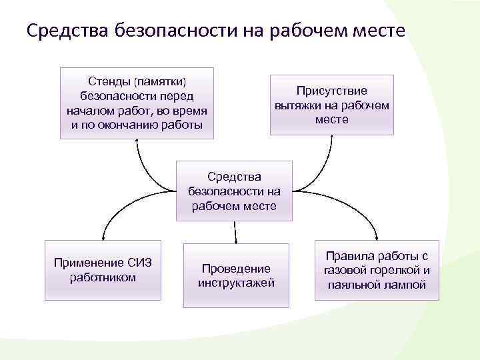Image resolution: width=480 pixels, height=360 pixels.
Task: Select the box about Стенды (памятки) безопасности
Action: pyautogui.click(x=137, y=103)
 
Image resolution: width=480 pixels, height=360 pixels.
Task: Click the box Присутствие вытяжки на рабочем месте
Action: pyautogui.click(x=332, y=105)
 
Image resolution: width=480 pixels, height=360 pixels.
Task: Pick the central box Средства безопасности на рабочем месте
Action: pyautogui.click(x=235, y=191)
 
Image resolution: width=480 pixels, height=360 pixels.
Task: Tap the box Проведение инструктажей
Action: pyautogui.click(x=236, y=275)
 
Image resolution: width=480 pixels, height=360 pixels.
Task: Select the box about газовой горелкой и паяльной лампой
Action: pyautogui.click(x=377, y=270)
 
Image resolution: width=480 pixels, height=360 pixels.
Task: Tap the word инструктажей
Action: pyautogui.click(x=236, y=283)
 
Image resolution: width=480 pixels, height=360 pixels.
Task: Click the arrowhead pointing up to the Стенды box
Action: pyautogui.click(x=137, y=141)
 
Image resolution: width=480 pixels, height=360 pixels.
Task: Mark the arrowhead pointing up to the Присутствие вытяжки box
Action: pyautogui.click(x=331, y=138)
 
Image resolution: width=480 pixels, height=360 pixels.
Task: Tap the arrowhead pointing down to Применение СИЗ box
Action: pyautogui.click(x=103, y=235)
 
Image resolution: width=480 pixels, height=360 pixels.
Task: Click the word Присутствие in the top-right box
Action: pyautogui.click(x=332, y=91)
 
